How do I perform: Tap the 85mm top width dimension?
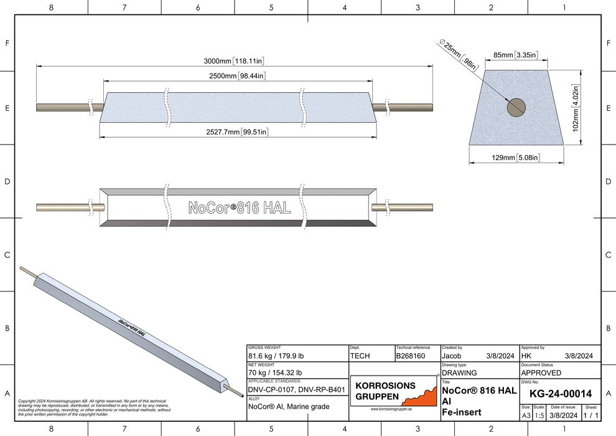coord(516,55)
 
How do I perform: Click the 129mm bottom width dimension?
coord(516,158)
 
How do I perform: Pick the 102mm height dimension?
coord(576,108)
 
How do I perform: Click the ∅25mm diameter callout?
coord(459,54)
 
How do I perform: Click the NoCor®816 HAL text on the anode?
coord(239,209)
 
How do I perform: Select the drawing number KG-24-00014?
coord(559,394)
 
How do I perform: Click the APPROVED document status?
coord(541,373)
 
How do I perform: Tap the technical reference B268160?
coord(411,356)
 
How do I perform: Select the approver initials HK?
coord(526,356)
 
